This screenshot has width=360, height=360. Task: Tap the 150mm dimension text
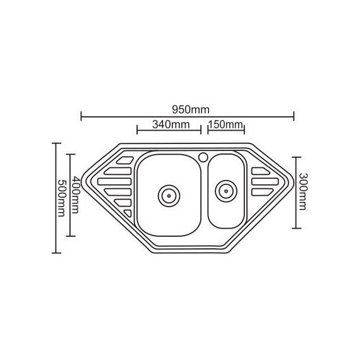[225, 124]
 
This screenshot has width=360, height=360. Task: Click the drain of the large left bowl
[169, 194]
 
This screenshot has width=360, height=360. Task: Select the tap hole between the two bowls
[203, 155]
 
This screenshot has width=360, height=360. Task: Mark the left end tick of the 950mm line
[82, 115]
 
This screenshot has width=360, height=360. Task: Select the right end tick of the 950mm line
[294, 115]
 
